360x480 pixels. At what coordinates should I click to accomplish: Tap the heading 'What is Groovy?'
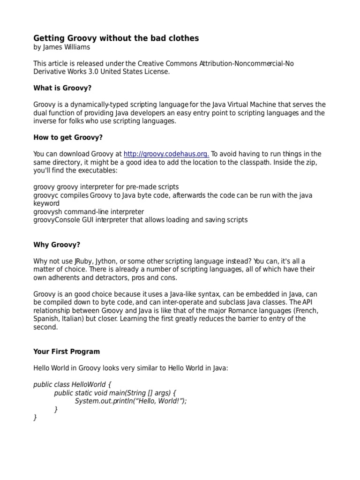click(x=62, y=88)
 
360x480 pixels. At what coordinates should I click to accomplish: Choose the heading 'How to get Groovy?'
click(x=68, y=137)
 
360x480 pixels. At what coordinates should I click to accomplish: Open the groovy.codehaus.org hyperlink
click(x=166, y=154)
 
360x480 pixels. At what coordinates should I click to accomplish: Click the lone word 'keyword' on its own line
click(x=46, y=203)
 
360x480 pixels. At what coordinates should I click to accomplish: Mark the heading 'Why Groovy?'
click(x=57, y=244)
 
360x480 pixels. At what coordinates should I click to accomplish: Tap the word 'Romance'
click(x=247, y=310)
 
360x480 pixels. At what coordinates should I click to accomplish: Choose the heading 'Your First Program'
click(x=67, y=352)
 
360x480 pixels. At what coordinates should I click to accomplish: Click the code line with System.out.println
click(x=131, y=401)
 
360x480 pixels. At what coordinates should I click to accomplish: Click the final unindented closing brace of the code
click(x=35, y=417)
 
